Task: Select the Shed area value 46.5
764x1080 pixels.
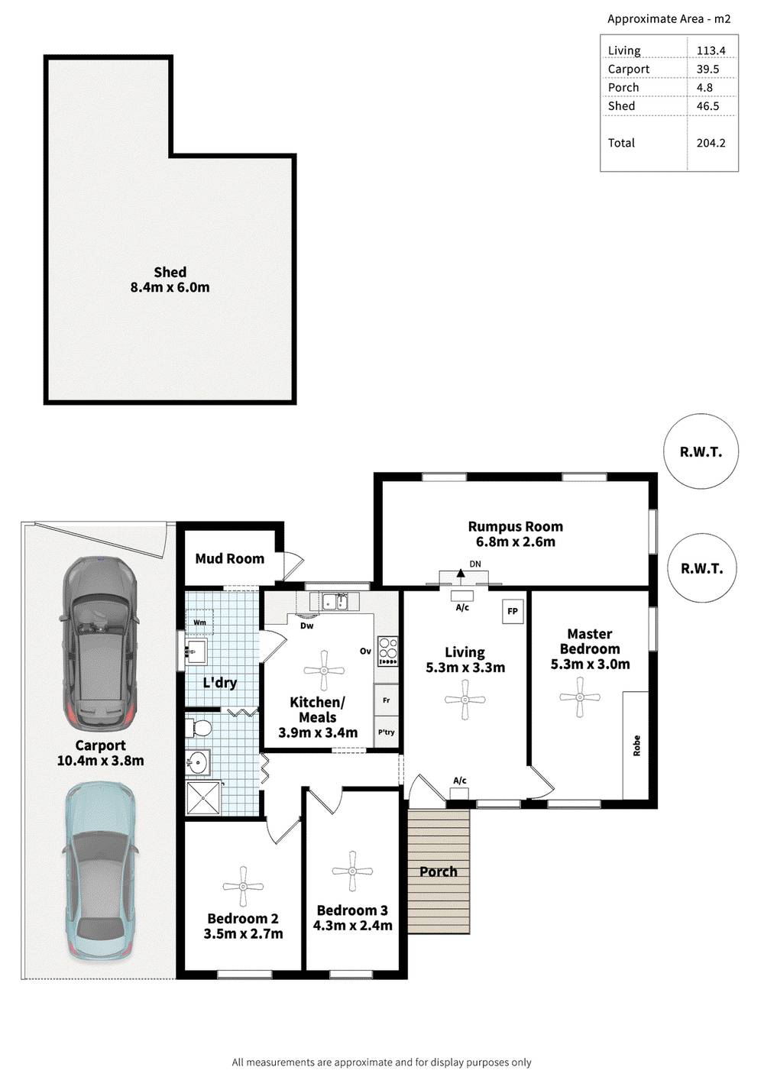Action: [x=707, y=106]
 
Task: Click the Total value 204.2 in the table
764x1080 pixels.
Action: [x=711, y=143]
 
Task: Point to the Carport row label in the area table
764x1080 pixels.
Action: [x=628, y=69]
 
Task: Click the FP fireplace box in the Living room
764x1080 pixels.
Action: [x=512, y=611]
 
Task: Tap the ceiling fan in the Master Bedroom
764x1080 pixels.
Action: [x=580, y=697]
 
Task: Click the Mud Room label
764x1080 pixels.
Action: [x=230, y=558]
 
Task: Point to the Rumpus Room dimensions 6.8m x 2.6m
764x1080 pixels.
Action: [x=515, y=542]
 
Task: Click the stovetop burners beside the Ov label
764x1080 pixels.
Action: [x=387, y=652]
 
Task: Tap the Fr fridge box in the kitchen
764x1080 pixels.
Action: [x=386, y=700]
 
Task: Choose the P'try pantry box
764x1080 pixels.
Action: [x=386, y=732]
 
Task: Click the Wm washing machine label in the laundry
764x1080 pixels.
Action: [x=199, y=622]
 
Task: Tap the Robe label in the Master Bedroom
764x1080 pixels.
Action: [x=636, y=745]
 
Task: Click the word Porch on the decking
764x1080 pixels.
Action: [x=438, y=871]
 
